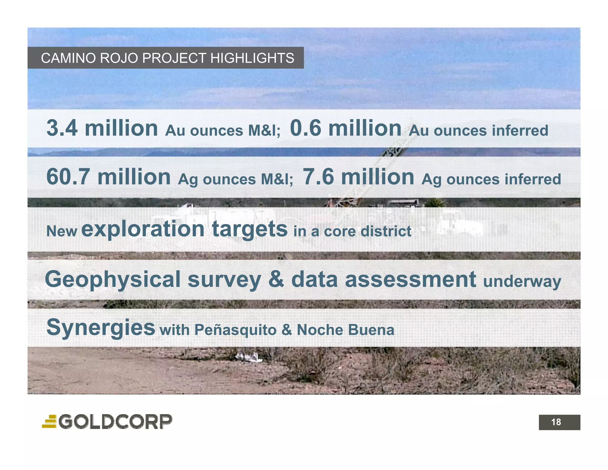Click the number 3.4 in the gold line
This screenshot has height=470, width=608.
62,128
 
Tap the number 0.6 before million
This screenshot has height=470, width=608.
305,128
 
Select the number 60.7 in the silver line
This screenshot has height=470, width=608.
68,177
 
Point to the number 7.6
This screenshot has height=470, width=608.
318,177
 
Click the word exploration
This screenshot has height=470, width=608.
143,229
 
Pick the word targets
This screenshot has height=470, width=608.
250,229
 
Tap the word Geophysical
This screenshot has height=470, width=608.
113,280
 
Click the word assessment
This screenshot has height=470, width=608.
411,279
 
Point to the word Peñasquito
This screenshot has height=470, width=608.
235,330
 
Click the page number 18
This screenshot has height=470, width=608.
556,422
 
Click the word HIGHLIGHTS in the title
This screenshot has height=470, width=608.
252,58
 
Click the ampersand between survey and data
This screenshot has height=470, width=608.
276,279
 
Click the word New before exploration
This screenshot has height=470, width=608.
62,231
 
